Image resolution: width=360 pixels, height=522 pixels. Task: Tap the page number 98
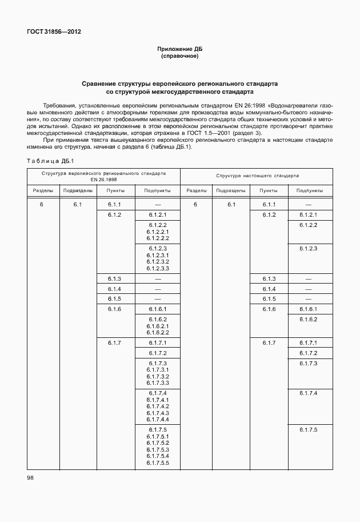(30, 477)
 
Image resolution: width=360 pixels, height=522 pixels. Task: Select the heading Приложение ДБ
(179, 50)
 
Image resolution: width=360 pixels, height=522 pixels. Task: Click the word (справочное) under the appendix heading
(179, 57)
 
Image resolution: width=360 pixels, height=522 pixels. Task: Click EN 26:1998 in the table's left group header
(103, 180)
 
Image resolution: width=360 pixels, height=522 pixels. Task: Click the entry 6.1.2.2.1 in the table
(157, 232)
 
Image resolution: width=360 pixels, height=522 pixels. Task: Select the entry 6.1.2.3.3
(157, 268)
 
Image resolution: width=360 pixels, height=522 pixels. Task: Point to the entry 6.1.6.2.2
(157, 332)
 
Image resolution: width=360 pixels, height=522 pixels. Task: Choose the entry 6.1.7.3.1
(157, 370)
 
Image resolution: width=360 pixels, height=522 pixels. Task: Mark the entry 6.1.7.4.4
(157, 419)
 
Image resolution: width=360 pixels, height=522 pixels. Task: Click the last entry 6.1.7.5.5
(157, 462)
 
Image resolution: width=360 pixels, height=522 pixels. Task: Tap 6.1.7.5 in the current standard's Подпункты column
(308, 429)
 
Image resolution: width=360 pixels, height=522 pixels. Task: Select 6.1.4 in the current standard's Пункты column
(269, 289)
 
